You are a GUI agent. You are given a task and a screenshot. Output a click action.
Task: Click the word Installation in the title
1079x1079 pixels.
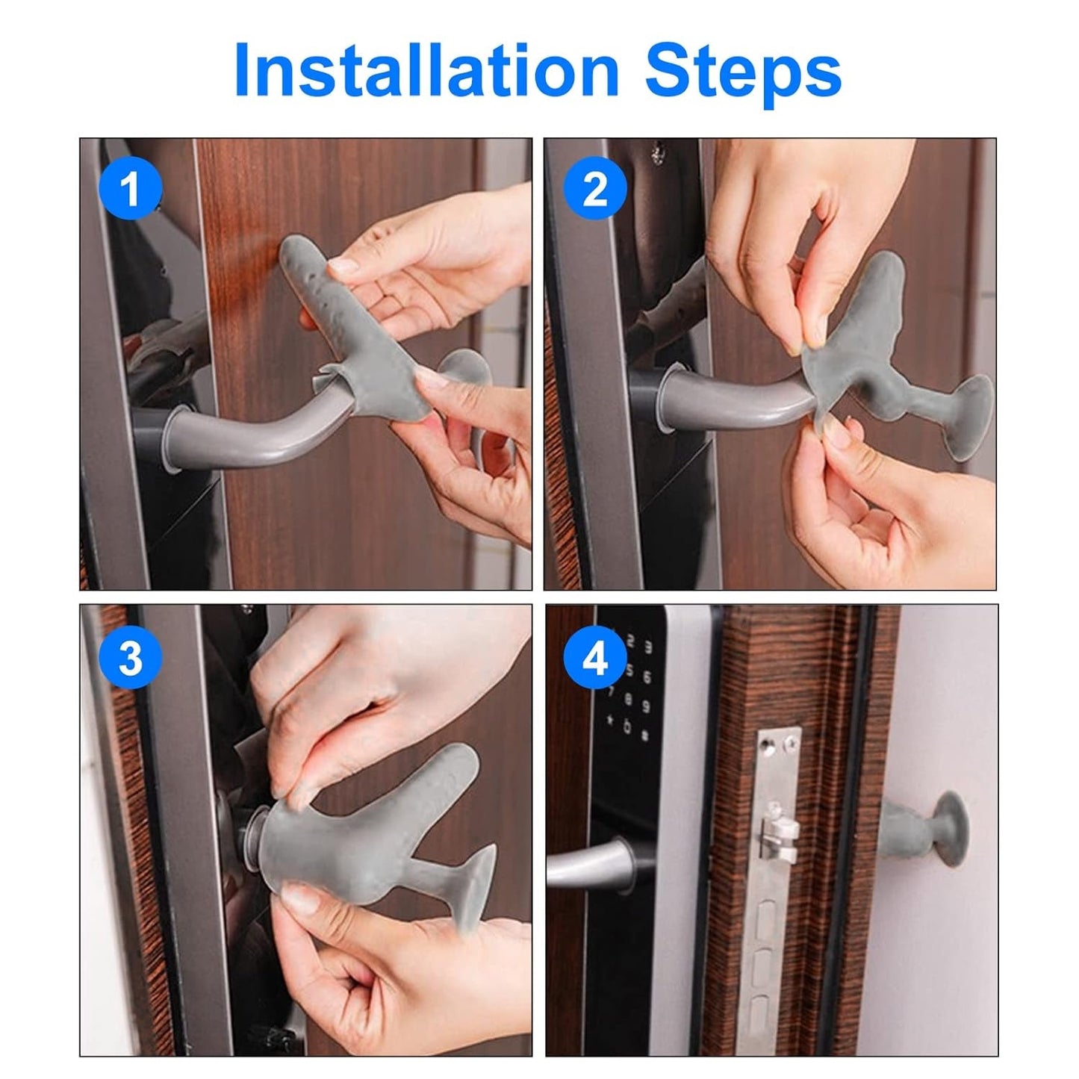click(x=426, y=71)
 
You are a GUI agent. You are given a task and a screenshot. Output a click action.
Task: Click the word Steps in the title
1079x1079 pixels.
click(x=743, y=71)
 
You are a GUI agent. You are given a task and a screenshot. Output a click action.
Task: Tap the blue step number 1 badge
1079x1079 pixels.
click(x=131, y=188)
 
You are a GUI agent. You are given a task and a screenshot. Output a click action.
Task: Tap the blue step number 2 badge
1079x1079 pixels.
click(x=594, y=188)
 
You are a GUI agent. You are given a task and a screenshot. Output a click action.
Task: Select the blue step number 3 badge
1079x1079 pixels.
click(x=131, y=658)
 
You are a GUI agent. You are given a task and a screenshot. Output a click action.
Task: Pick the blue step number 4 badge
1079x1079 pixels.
click(x=594, y=658)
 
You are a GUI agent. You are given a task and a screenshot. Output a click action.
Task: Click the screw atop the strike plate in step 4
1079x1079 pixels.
click(x=768, y=744)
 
